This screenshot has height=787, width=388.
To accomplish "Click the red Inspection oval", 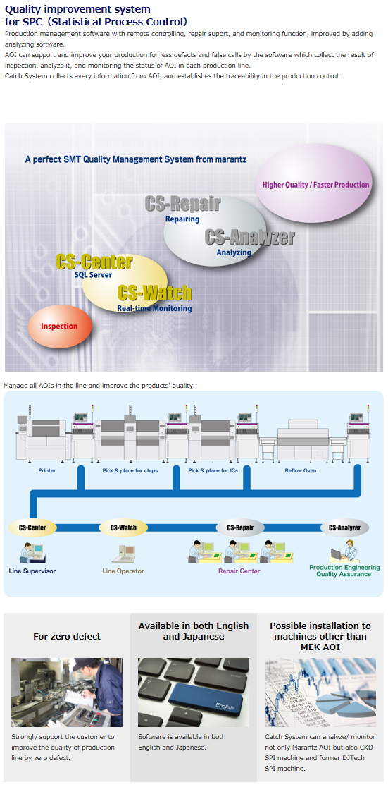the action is click(60, 327).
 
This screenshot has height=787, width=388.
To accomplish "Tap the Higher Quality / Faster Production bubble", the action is click(315, 185).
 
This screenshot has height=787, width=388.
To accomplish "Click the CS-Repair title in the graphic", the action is click(182, 204).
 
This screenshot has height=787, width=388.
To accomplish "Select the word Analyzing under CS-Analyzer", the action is click(234, 252).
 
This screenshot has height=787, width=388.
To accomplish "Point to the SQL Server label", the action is click(93, 274).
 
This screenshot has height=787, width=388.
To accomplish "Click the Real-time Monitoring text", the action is click(154, 308).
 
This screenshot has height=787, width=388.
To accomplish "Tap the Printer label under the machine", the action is click(47, 471).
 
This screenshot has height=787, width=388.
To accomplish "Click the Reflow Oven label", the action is click(301, 471).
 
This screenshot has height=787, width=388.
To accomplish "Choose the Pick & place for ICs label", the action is click(213, 471).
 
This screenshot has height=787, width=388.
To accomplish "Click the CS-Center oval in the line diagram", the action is click(32, 527).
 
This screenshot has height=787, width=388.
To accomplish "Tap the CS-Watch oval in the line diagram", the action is click(123, 527).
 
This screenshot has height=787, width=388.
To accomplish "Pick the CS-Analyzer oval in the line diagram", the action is click(344, 527).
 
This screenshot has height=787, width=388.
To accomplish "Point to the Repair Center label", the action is click(239, 571).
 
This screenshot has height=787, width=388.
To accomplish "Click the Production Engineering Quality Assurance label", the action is click(344, 571).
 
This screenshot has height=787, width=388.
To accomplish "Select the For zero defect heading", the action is click(67, 636).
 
